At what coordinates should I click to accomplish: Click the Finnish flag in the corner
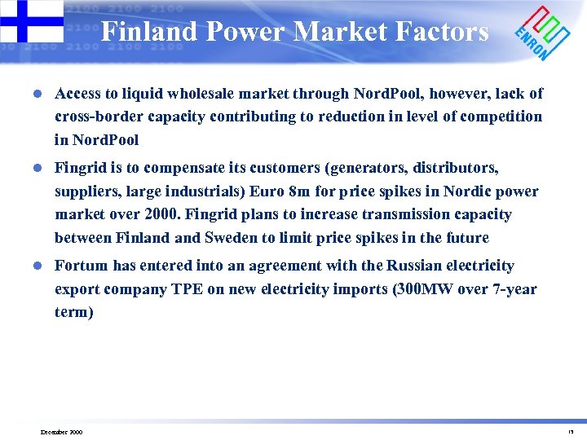point(31,20)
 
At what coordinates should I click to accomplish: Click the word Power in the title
point(244,31)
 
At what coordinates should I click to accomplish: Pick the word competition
point(501,117)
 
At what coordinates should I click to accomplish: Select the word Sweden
point(232,238)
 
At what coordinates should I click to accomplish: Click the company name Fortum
point(79,266)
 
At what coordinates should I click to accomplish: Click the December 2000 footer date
point(61,432)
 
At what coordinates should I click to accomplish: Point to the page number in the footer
point(571,432)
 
